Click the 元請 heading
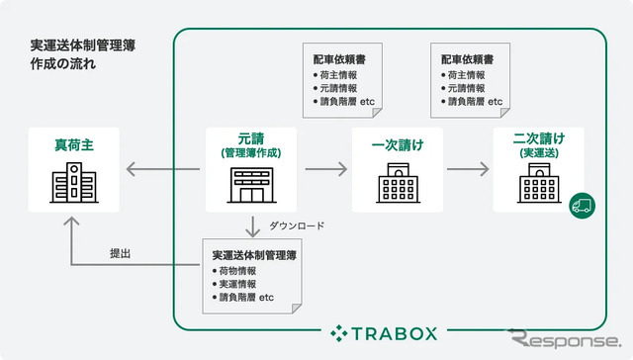click(x=251, y=139)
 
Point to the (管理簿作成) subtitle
click(x=251, y=153)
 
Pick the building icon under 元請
click(x=251, y=186)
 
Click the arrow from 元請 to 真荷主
click(x=162, y=170)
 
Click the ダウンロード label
click(x=294, y=225)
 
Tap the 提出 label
click(x=121, y=254)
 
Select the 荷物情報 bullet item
click(x=240, y=270)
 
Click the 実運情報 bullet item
click(x=240, y=284)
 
